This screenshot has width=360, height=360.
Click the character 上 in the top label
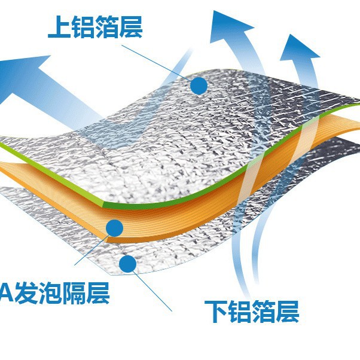click(x=60, y=27)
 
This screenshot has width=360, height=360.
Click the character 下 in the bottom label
click(x=216, y=311)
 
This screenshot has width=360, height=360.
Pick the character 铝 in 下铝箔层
click(x=240, y=311)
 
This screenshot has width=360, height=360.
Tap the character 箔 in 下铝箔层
click(x=264, y=311)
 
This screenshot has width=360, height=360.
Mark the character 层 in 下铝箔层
click(x=288, y=311)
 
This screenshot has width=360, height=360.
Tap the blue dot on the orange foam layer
click(x=114, y=227)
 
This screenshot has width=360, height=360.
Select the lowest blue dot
click(x=127, y=263)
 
